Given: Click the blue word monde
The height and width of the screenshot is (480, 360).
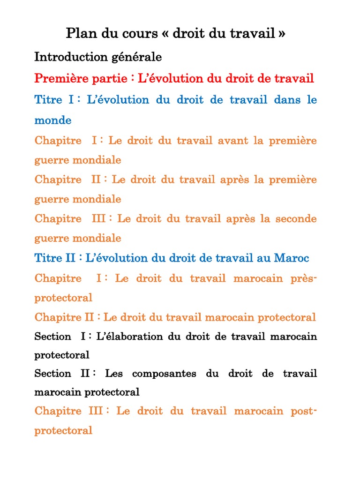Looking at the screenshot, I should [53, 120].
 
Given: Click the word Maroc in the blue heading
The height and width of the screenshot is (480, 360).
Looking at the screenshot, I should [292, 258].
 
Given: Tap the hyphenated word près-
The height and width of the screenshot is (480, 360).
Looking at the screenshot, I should [303, 278].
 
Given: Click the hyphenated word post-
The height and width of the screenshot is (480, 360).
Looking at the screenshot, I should [304, 411].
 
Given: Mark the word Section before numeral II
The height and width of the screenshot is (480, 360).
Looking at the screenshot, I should [53, 374].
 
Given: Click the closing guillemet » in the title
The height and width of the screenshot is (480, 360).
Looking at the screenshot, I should [281, 34].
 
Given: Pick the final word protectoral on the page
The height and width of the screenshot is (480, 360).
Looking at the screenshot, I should [63, 430].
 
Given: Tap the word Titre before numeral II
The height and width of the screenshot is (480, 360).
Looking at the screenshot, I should [48, 258].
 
